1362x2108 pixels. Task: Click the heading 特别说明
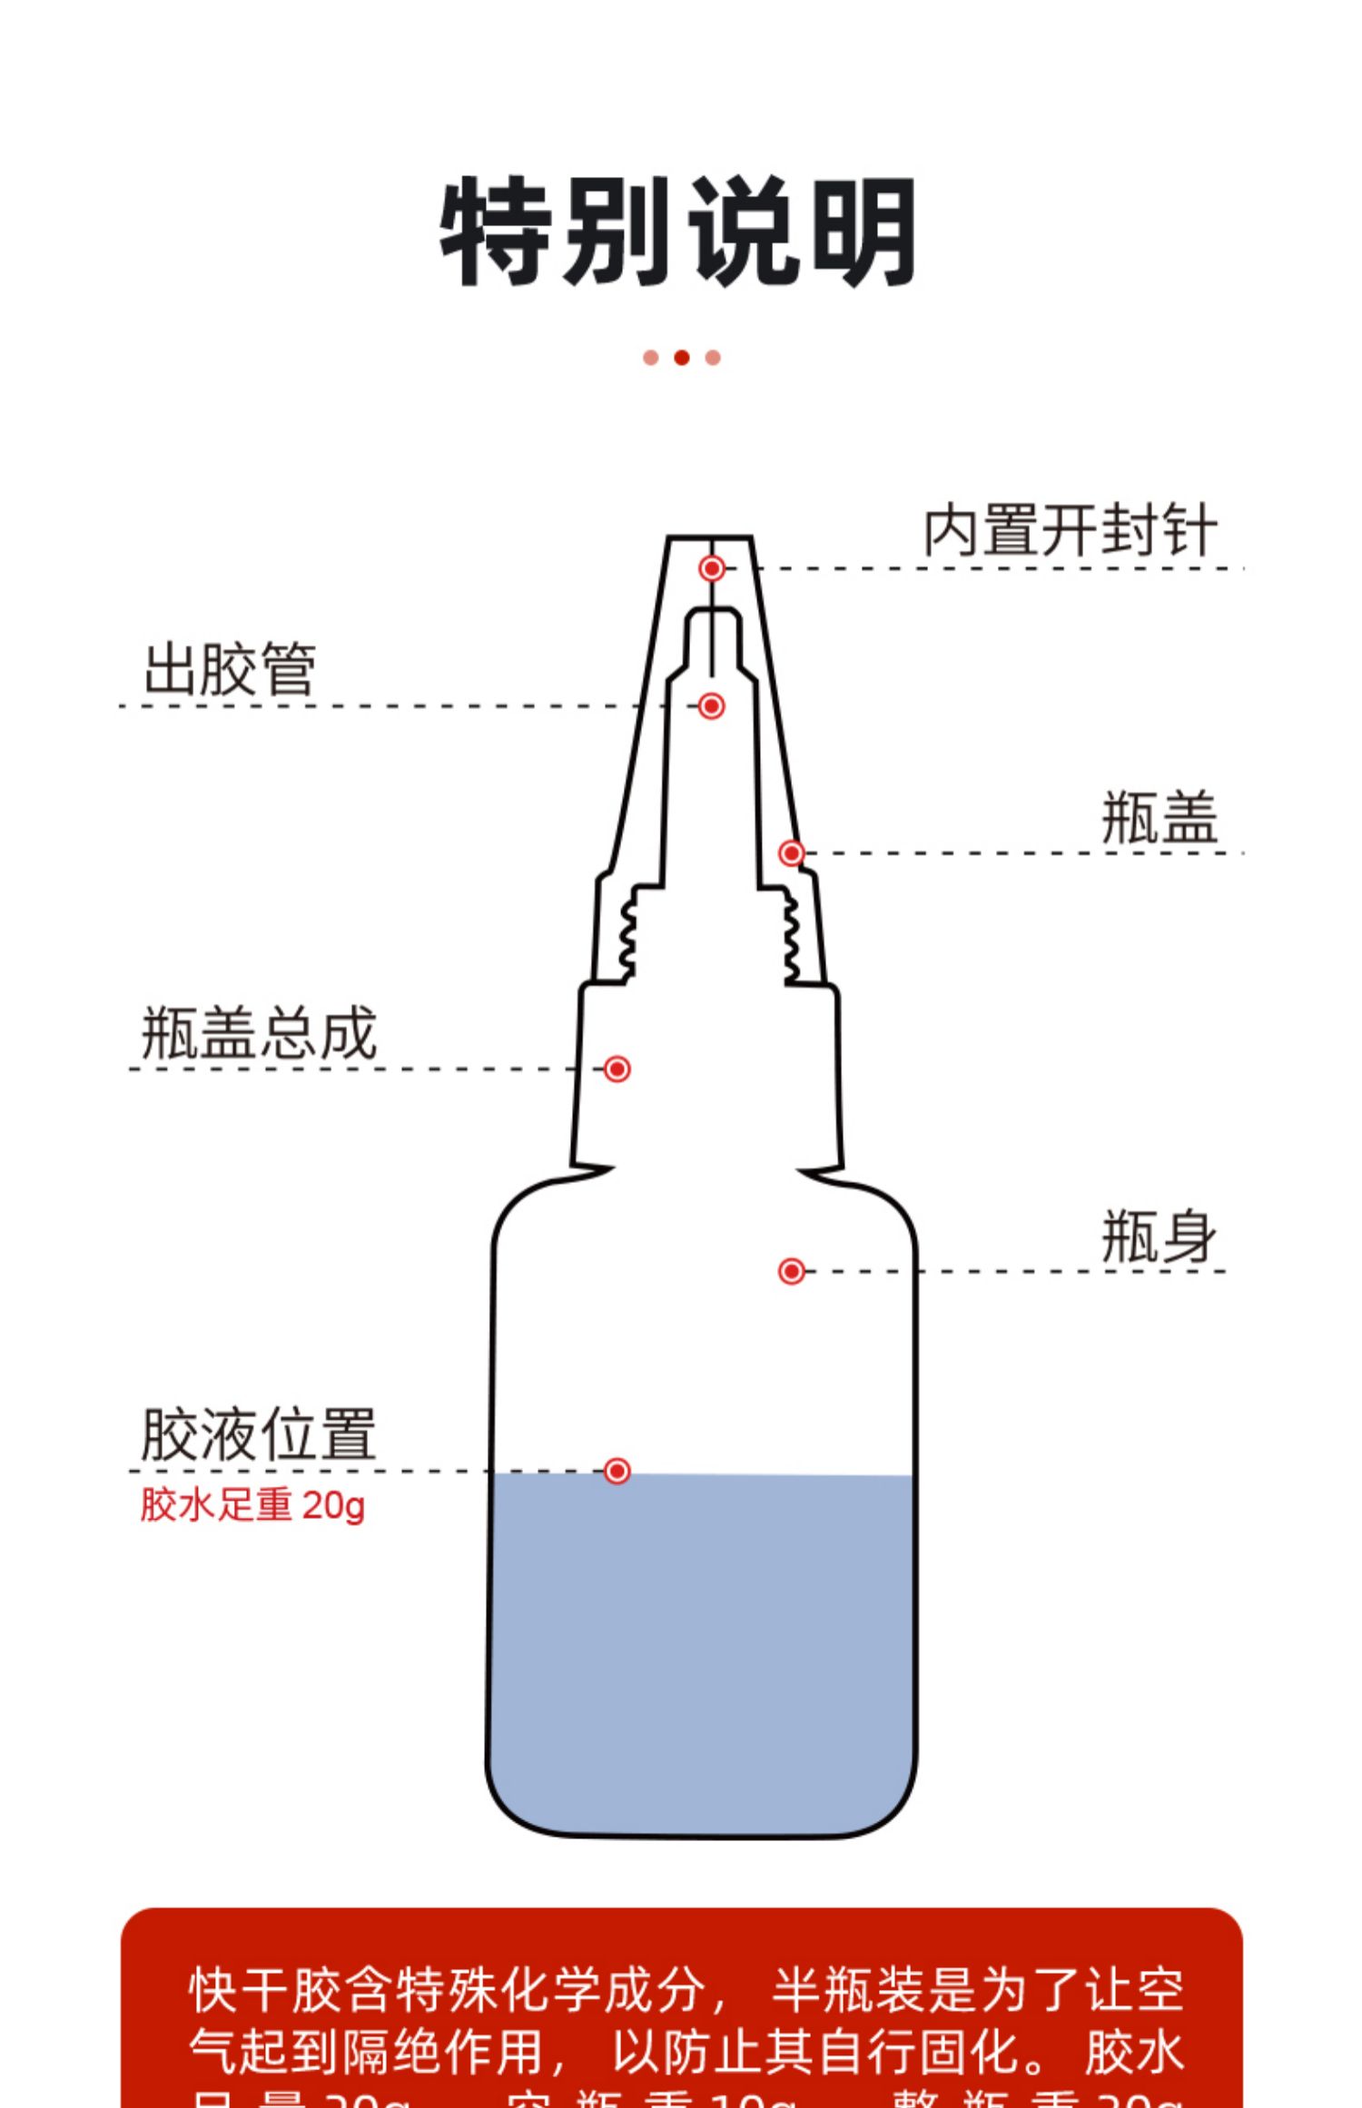tap(679, 231)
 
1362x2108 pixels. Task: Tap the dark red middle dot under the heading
tap(681, 358)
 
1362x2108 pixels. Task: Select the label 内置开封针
tap(1070, 531)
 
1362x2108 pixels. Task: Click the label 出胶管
tap(230, 670)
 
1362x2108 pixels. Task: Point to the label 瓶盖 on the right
tap(1159, 818)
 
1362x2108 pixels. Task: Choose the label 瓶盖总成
tap(259, 1033)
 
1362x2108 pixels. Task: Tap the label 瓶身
tap(1159, 1236)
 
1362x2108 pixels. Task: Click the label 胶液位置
tap(259, 1435)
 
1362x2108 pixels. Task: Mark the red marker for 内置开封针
tap(712, 568)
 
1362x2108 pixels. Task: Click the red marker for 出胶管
tap(711, 705)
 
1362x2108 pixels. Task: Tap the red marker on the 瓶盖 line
tap(791, 853)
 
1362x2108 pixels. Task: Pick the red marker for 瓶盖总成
tap(617, 1069)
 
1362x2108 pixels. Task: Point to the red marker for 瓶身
tap(791, 1271)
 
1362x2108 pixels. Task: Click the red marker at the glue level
tap(617, 1471)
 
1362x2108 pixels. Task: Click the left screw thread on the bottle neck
tap(627, 935)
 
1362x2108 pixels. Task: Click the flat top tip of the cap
tap(710, 538)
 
